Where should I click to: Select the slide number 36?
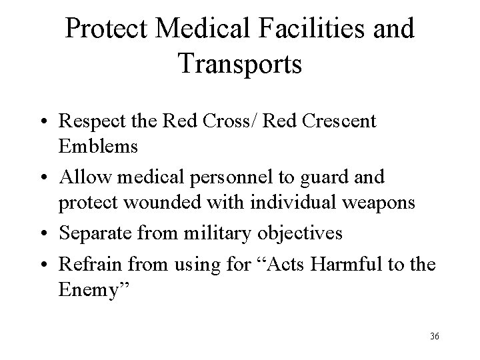[435, 336]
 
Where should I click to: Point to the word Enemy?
[97, 290]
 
